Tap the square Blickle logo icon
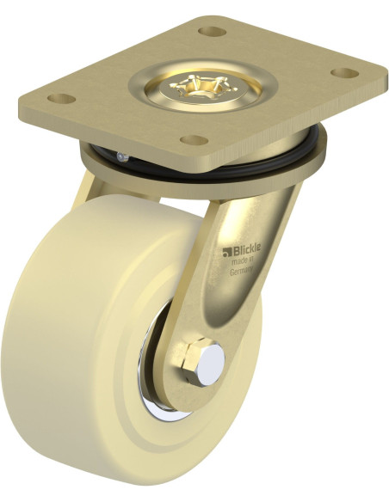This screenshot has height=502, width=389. point(227,253)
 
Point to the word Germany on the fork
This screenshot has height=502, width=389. point(242,272)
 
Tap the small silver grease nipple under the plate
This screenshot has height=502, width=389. point(122,156)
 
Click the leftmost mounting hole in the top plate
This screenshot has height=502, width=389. point(61,98)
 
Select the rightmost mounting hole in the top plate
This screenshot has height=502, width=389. point(344,73)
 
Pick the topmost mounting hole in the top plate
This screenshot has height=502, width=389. point(212,31)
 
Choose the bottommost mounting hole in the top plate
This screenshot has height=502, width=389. point(194,140)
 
